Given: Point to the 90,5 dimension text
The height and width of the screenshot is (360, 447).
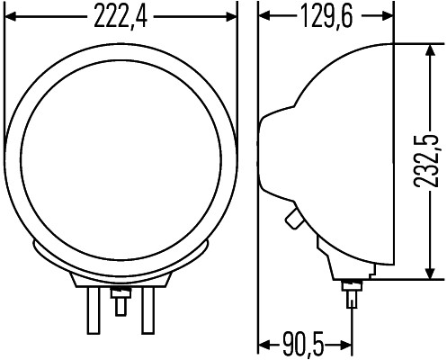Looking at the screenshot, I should (x=302, y=344).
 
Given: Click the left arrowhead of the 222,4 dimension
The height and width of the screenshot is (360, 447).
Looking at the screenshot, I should (x=11, y=16).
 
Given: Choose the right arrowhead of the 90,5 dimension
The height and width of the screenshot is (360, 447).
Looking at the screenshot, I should (x=345, y=344).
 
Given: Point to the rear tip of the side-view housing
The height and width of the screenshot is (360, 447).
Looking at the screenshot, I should (x=262, y=153).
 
